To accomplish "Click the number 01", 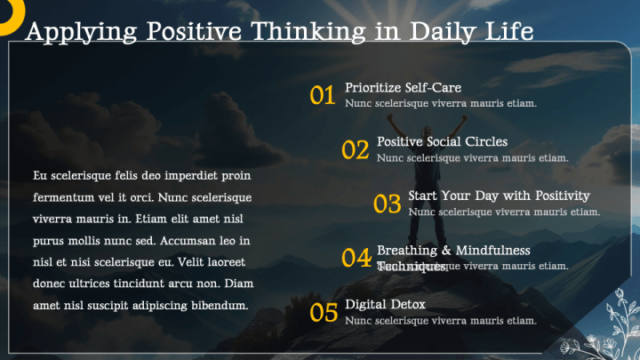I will pyautogui.click(x=322, y=95).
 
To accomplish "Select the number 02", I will pyautogui.click(x=355, y=149).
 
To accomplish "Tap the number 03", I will pyautogui.click(x=387, y=204).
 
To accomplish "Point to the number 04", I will pyautogui.click(x=356, y=258).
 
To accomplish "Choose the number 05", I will pyautogui.click(x=324, y=312).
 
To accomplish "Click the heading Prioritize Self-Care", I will pyautogui.click(x=403, y=87).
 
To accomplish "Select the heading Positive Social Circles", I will pyautogui.click(x=442, y=141).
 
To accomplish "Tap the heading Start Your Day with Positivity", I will pyautogui.click(x=499, y=196).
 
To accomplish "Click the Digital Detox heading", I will pyautogui.click(x=385, y=304).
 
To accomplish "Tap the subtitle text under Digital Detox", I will pyautogui.click(x=440, y=320).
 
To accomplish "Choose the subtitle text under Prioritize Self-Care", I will pyautogui.click(x=440, y=103).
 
